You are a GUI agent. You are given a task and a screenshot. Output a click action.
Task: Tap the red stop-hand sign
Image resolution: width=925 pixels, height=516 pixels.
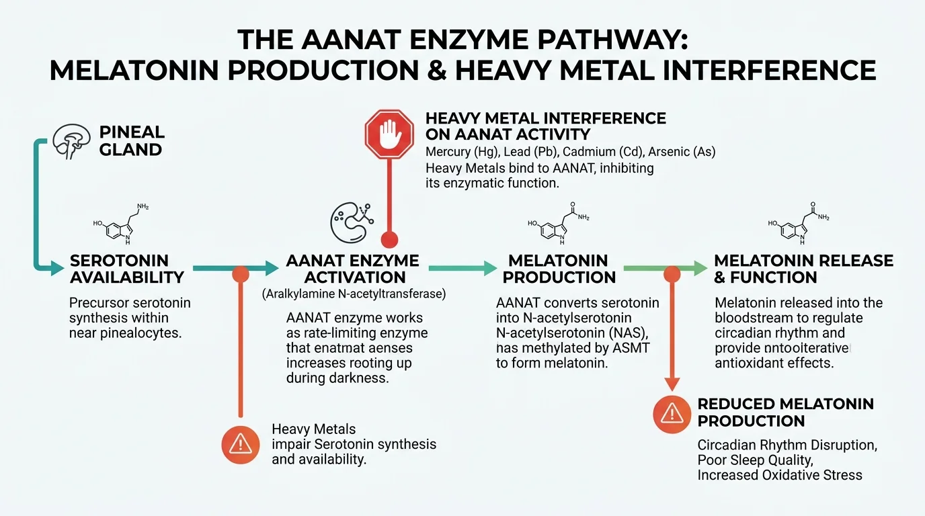[x=389, y=134]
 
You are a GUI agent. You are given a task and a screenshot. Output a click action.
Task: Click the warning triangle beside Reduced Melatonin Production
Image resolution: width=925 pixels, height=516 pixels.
[x=672, y=414]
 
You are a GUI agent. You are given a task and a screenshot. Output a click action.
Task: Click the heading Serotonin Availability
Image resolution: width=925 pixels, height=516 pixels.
[x=127, y=269]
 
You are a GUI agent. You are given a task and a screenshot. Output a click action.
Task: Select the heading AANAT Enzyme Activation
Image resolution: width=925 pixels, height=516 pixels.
[x=352, y=269]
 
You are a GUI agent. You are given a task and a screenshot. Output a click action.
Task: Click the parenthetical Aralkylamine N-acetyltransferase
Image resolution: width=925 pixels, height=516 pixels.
[x=353, y=294]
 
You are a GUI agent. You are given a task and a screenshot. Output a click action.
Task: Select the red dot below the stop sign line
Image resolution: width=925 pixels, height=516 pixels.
[x=389, y=239]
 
